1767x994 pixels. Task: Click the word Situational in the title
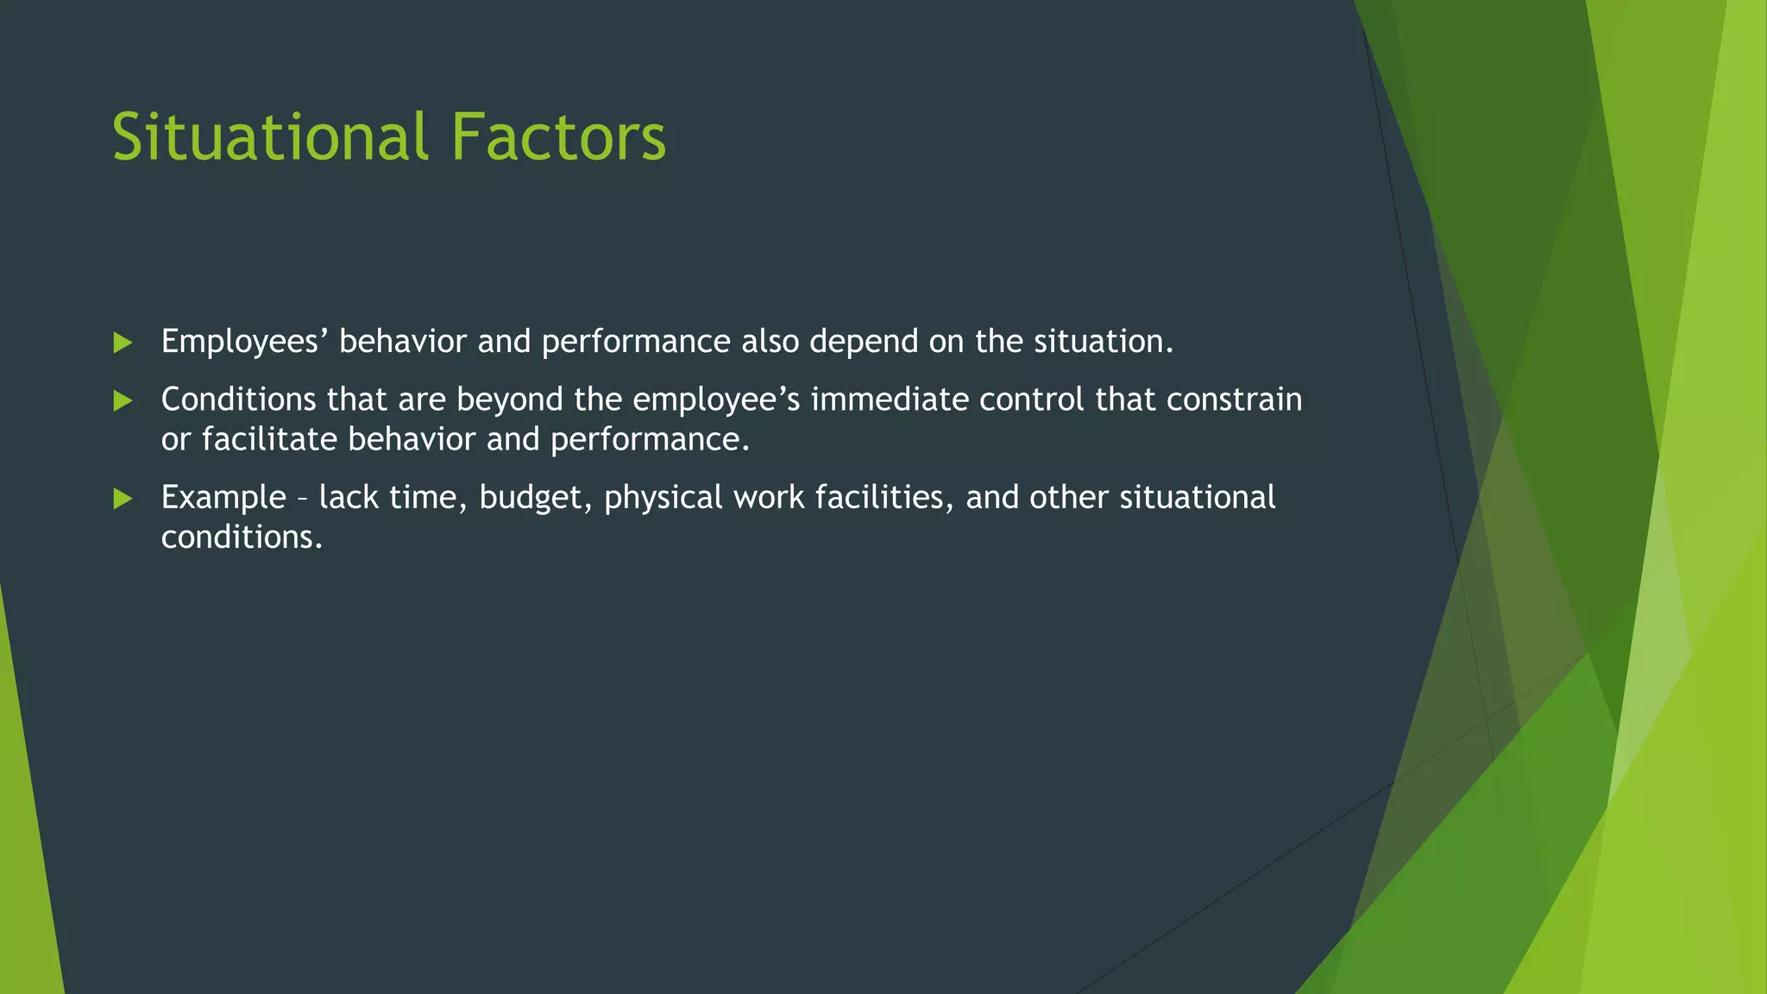coord(269,136)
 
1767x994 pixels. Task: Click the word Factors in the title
coord(558,136)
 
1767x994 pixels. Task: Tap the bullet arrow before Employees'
coord(123,343)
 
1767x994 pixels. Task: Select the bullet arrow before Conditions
coord(123,400)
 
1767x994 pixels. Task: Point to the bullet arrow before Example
coord(123,498)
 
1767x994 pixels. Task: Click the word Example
coord(223,498)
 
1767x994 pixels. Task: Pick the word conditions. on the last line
coord(242,538)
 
